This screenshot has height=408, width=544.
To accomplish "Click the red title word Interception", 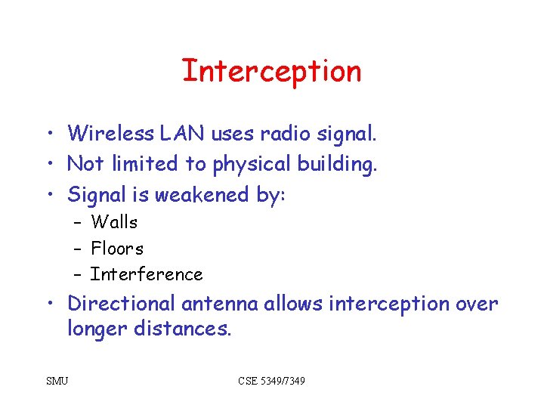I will coord(271,71).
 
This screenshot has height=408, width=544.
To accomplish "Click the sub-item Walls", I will coord(114,222).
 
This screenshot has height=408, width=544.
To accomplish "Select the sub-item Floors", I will coord(117,248).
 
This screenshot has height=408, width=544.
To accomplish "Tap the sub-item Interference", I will coord(147,274).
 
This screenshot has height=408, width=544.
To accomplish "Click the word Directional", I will coord(121,304).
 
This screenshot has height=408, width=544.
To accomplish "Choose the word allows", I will coord(292,304).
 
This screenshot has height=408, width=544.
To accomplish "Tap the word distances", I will coord(181,329).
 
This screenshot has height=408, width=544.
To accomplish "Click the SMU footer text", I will coord(57,381).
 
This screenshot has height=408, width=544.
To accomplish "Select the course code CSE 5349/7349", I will coord(271,381).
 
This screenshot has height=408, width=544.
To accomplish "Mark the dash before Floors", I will coord(78,249).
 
